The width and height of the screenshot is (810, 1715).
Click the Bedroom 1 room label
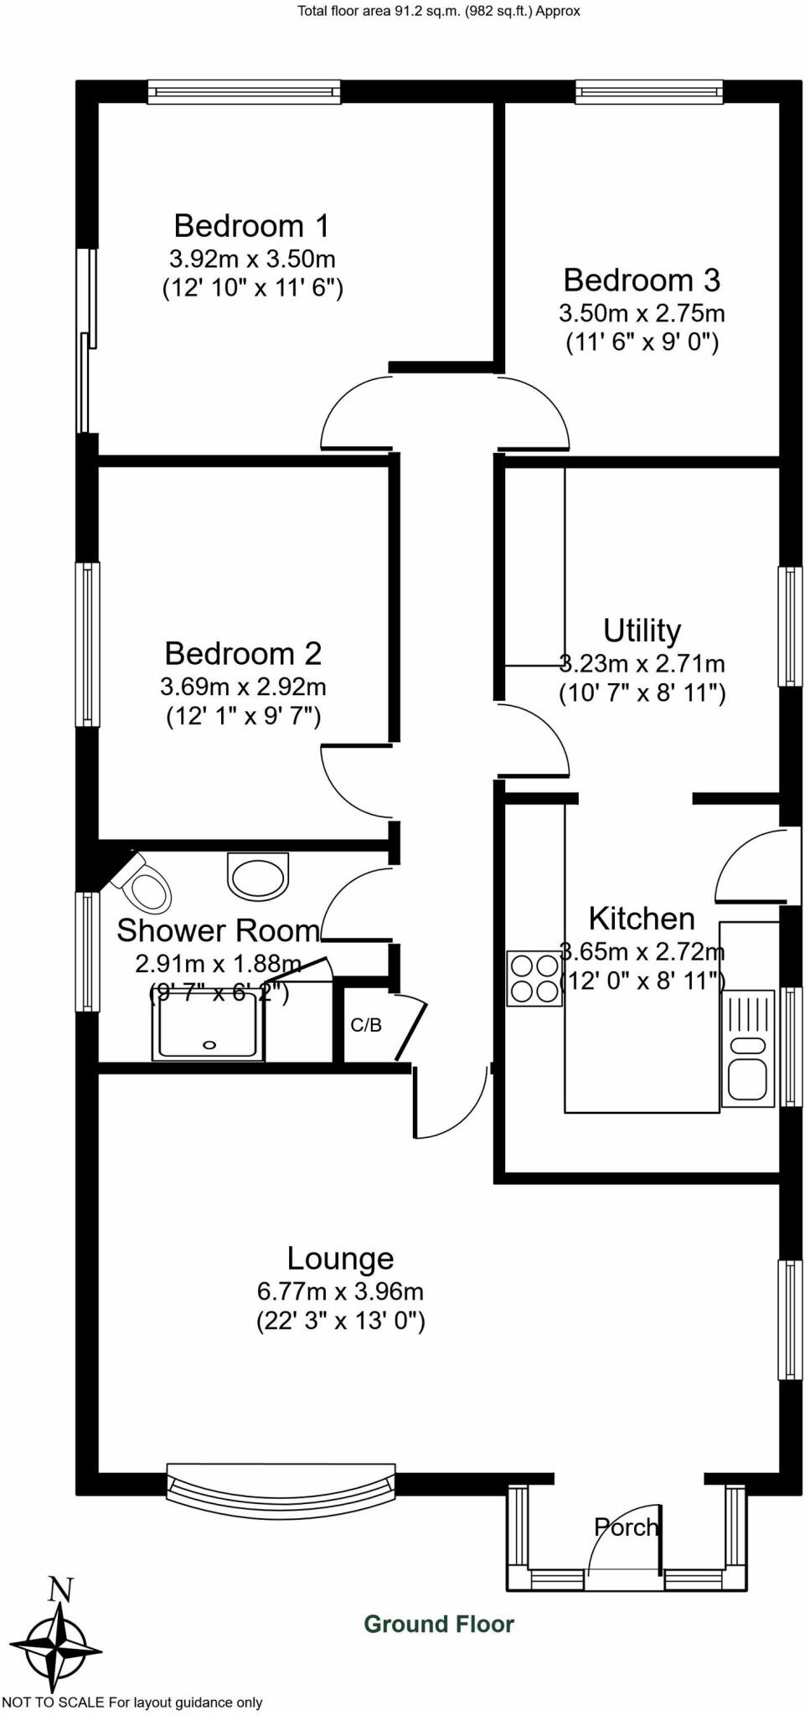[x=251, y=226]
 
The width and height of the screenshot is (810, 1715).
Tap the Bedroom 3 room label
[x=642, y=281]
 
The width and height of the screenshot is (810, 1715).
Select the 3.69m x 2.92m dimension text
[x=243, y=688]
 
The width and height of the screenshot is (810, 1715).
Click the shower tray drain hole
[x=209, y=1044]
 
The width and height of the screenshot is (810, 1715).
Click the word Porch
[x=626, y=1527]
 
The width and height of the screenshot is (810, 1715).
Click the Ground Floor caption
[x=439, y=1625]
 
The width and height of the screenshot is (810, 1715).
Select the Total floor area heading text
[x=438, y=11]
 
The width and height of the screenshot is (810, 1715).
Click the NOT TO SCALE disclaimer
[x=132, y=1702]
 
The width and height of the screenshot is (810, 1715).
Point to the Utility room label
[x=642, y=631]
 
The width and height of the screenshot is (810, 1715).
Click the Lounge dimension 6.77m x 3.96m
[x=340, y=1291]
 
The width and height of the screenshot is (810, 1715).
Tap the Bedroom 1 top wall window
[x=245, y=90]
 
